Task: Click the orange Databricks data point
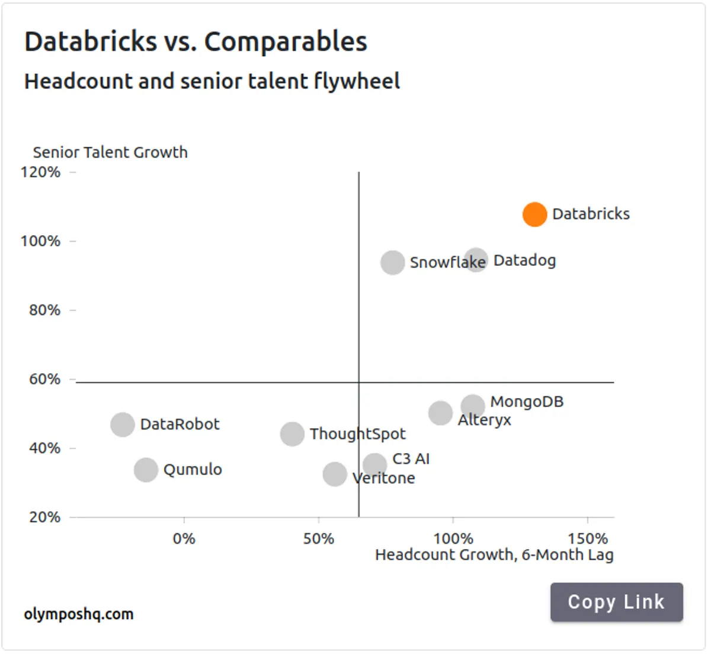[x=534, y=214]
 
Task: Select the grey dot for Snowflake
[x=392, y=262]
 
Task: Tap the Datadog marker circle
[x=475, y=261]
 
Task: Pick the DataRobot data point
[x=123, y=425]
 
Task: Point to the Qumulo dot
[x=146, y=470]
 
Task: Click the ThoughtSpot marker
[x=292, y=434]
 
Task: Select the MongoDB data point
[x=473, y=406]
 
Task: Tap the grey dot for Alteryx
[x=440, y=413]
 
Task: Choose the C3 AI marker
[x=375, y=464]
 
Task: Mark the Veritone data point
[x=335, y=474]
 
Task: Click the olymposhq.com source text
[x=79, y=614]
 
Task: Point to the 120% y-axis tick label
[x=40, y=172]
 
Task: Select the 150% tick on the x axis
[x=588, y=539]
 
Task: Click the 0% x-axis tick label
[x=184, y=539]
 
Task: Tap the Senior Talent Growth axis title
[x=110, y=153]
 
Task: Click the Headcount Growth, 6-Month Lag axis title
[x=494, y=555]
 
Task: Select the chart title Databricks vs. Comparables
[x=196, y=42]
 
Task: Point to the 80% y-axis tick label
[x=44, y=310]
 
